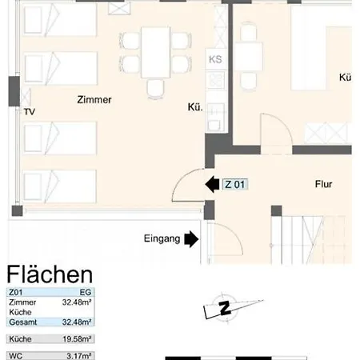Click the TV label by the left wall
(30, 111)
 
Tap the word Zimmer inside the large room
(94, 100)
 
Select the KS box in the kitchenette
(214, 59)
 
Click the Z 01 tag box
(235, 185)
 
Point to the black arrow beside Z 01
(212, 185)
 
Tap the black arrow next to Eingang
(191, 238)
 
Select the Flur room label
(323, 184)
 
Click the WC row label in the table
(15, 355)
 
